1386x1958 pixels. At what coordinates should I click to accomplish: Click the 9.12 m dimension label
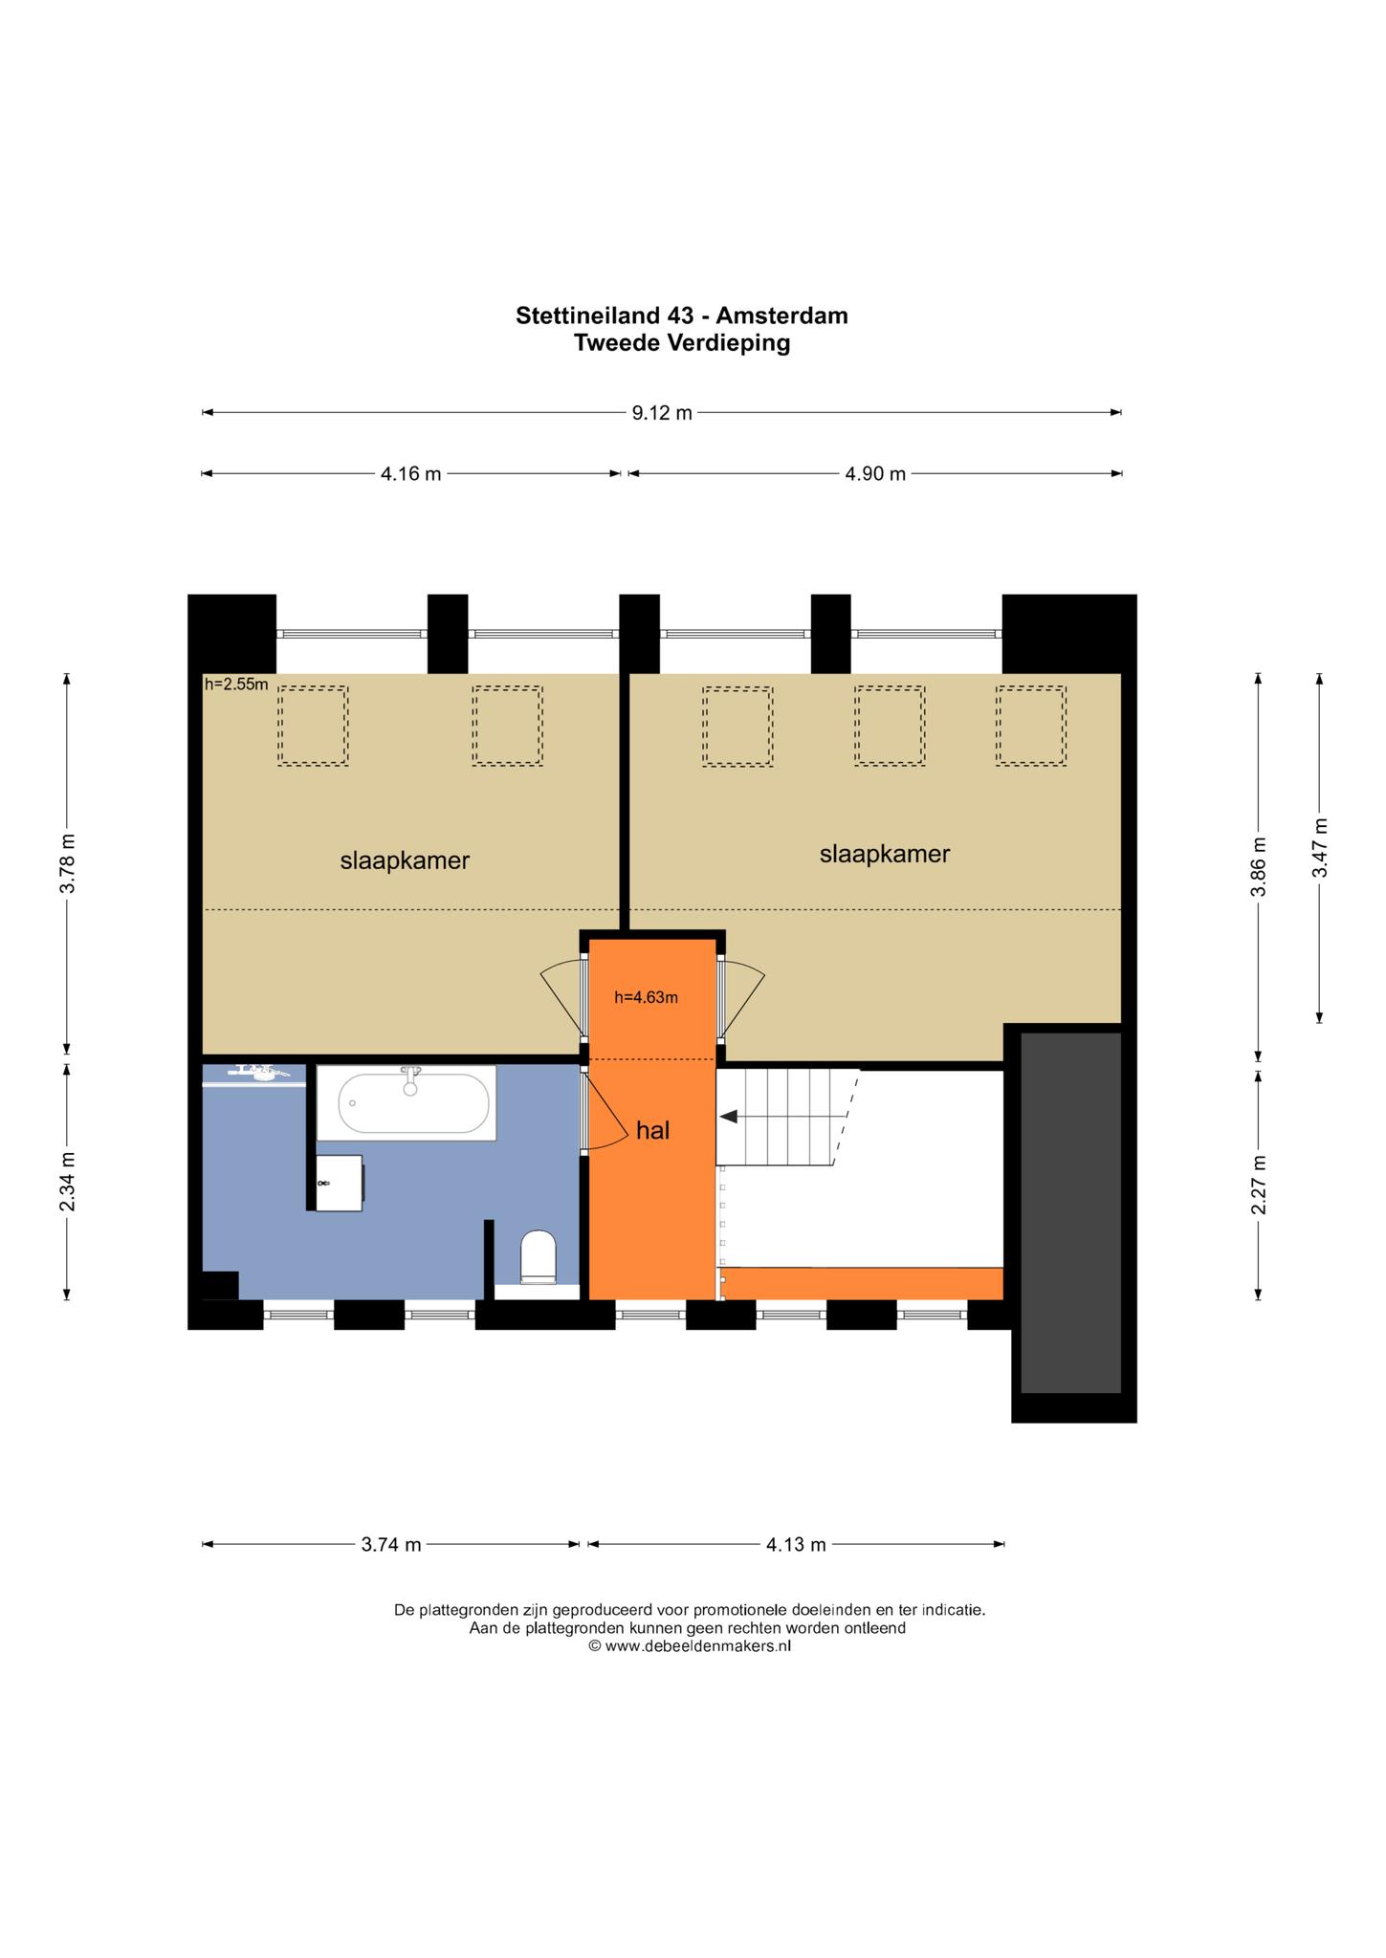[x=661, y=413]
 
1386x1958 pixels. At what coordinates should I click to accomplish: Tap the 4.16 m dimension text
[x=410, y=473]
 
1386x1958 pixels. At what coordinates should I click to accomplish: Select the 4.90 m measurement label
[x=875, y=473]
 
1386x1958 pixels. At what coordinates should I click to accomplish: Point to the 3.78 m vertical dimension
[x=67, y=862]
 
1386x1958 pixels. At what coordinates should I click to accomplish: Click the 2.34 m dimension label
[x=67, y=1181]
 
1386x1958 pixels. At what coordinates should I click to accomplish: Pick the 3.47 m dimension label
[x=1319, y=848]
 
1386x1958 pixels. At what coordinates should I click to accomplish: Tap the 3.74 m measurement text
[x=391, y=1544]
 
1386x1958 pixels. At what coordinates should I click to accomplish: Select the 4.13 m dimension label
[x=796, y=1544]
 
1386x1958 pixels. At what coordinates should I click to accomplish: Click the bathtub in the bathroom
[x=407, y=1102]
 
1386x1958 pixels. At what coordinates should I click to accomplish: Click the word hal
[x=652, y=1131]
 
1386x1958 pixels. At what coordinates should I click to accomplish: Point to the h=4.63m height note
[x=646, y=998]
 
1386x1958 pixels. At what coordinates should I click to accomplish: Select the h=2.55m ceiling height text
[x=236, y=685]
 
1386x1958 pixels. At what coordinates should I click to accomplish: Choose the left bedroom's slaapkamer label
[x=405, y=860]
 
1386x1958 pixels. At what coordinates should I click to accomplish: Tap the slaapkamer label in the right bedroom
[x=885, y=854]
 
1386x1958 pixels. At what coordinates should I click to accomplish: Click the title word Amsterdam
[x=782, y=315]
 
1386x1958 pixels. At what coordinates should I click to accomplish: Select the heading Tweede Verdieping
[x=682, y=343]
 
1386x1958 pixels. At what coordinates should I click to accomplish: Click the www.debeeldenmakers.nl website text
[x=697, y=1646]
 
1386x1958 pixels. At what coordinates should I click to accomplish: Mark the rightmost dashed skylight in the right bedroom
[x=1031, y=726]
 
